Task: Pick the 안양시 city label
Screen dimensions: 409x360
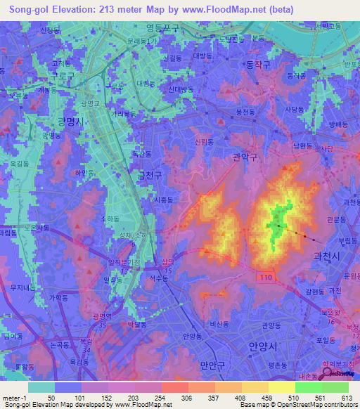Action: point(264,346)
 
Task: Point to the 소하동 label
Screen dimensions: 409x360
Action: point(110,219)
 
